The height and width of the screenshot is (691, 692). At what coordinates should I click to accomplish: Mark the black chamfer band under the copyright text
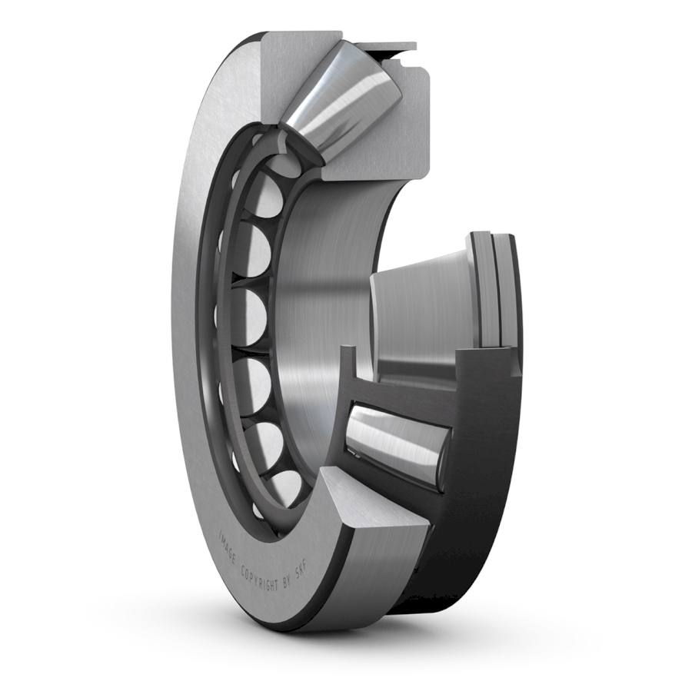(284, 615)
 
